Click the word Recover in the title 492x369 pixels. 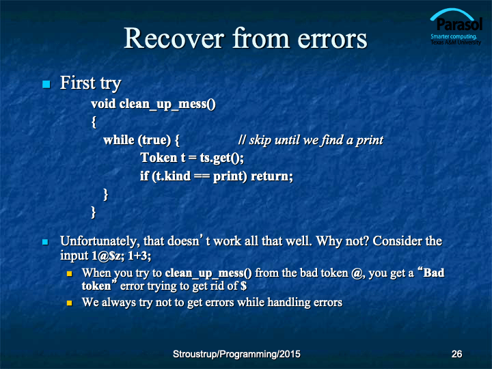click(x=174, y=38)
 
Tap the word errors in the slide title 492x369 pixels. click(x=332, y=39)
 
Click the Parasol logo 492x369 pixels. click(x=456, y=27)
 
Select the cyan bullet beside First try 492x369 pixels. click(x=46, y=84)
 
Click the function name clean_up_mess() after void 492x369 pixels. click(x=167, y=104)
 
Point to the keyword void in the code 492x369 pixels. click(x=103, y=104)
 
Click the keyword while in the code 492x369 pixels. click(x=119, y=140)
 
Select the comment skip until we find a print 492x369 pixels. click(x=311, y=140)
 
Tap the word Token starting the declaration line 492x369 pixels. click(x=159, y=158)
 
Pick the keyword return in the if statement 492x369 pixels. click(x=272, y=176)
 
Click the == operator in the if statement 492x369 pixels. click(x=202, y=176)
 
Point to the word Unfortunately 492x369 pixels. click(x=100, y=241)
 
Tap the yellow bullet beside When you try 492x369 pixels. click(x=69, y=274)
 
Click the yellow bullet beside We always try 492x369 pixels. click(x=69, y=303)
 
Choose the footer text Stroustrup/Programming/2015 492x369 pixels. click(x=236, y=354)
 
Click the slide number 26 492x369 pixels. click(x=456, y=354)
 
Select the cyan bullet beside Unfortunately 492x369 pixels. click(x=45, y=242)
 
